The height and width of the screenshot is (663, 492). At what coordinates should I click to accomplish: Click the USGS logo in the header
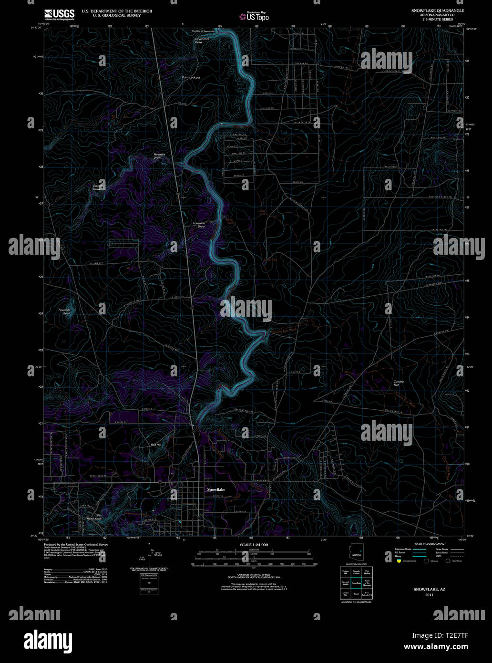pyautogui.click(x=60, y=14)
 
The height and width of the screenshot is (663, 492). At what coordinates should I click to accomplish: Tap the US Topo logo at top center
pyautogui.click(x=254, y=17)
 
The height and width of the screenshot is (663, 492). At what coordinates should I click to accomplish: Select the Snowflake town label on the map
pyautogui.click(x=215, y=489)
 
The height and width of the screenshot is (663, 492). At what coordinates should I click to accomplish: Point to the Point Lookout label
pyautogui.click(x=191, y=77)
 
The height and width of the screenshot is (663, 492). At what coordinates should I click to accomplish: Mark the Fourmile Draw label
pyautogui.click(x=199, y=225)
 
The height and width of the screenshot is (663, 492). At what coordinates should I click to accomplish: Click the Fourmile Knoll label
pyautogui.click(x=64, y=311)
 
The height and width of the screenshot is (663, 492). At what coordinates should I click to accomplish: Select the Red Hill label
pyautogui.click(x=156, y=445)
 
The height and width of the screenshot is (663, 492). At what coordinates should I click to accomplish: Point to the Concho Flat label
pyautogui.click(x=399, y=383)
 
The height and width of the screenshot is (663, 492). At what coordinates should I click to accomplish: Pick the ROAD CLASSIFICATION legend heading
pyautogui.click(x=430, y=544)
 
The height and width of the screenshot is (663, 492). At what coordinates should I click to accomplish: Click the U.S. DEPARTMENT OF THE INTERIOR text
pyautogui.click(x=117, y=10)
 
